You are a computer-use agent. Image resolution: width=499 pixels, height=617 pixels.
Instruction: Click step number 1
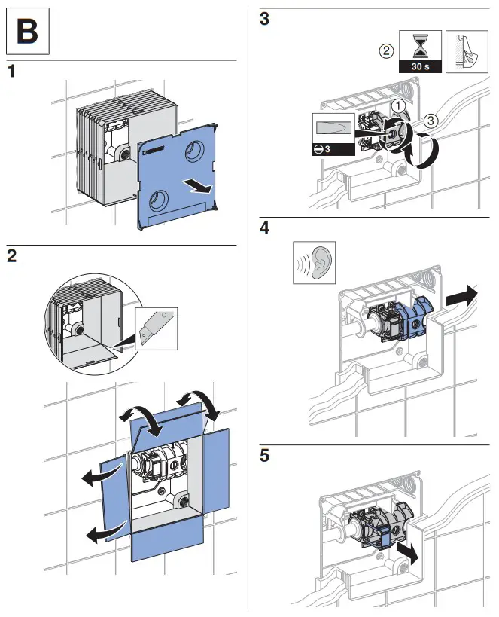pyautogui.click(x=11, y=73)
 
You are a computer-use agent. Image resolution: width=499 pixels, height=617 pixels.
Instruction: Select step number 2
pyautogui.click(x=12, y=255)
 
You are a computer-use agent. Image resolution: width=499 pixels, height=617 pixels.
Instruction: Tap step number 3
pyautogui.click(x=263, y=20)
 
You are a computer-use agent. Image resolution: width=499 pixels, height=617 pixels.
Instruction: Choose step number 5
pyautogui.click(x=263, y=456)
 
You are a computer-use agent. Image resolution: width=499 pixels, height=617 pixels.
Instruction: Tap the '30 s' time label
pyautogui.click(x=420, y=66)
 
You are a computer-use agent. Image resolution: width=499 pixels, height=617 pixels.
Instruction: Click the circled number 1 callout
pyautogui.click(x=399, y=105)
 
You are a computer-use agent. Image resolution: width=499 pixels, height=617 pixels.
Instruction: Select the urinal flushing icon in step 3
pyautogui.click(x=464, y=51)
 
